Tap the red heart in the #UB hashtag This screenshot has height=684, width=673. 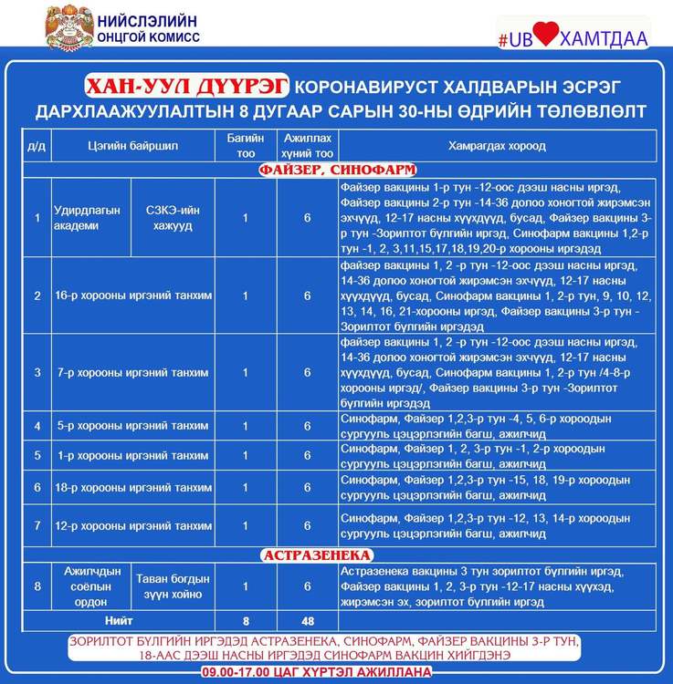pos(545,35)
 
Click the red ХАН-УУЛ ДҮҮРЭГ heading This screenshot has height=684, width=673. pos(187,86)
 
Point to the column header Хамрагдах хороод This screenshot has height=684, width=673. pos(484,146)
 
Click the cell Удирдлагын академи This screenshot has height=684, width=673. pos(87,218)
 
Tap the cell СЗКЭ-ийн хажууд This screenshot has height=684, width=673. pos(177,218)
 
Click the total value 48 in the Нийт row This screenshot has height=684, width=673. pos(308,621)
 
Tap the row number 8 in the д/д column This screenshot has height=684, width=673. pos(37,586)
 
